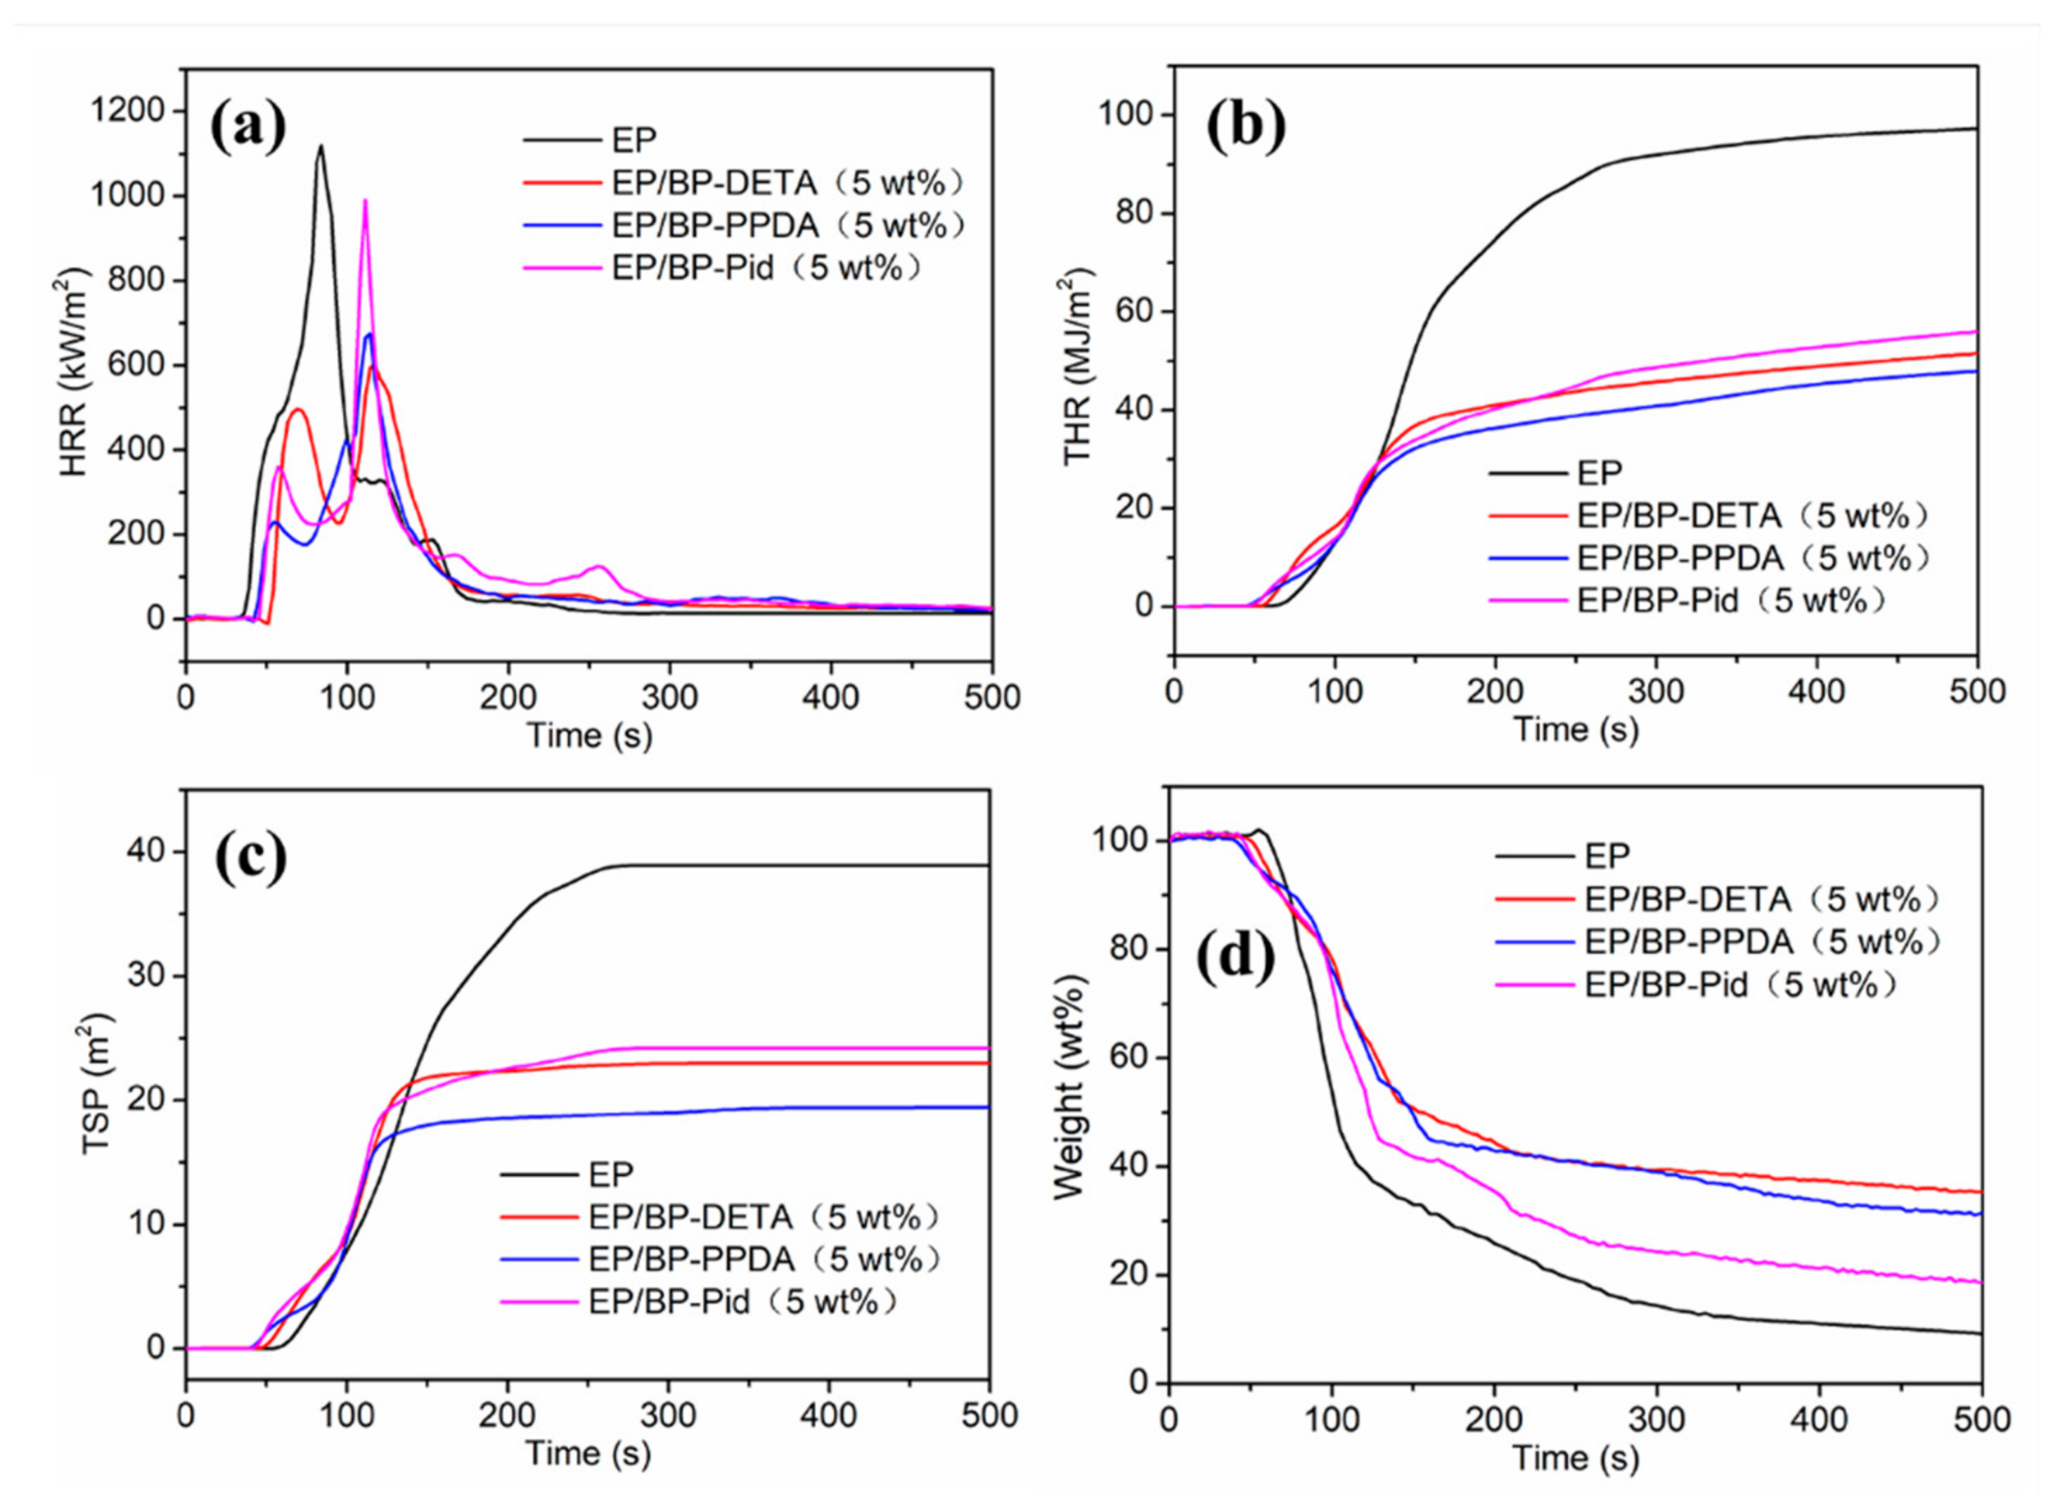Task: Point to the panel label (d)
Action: pyautogui.click(x=1235, y=959)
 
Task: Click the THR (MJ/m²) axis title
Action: pyautogui.click(x=1078, y=366)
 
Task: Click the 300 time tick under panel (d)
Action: pyautogui.click(x=1656, y=1418)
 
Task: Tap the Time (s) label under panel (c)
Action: pyautogui.click(x=588, y=1454)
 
